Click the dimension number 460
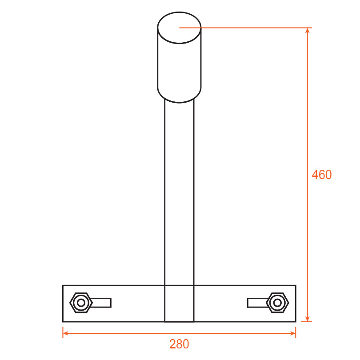(322, 175)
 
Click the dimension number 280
(179, 344)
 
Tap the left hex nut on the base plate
(81, 303)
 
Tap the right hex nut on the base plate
(277, 303)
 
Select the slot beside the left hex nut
(101, 303)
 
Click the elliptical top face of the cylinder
(179, 28)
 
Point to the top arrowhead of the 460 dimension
(308, 31)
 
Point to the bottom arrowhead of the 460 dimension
(308, 319)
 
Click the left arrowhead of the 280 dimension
(66, 333)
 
